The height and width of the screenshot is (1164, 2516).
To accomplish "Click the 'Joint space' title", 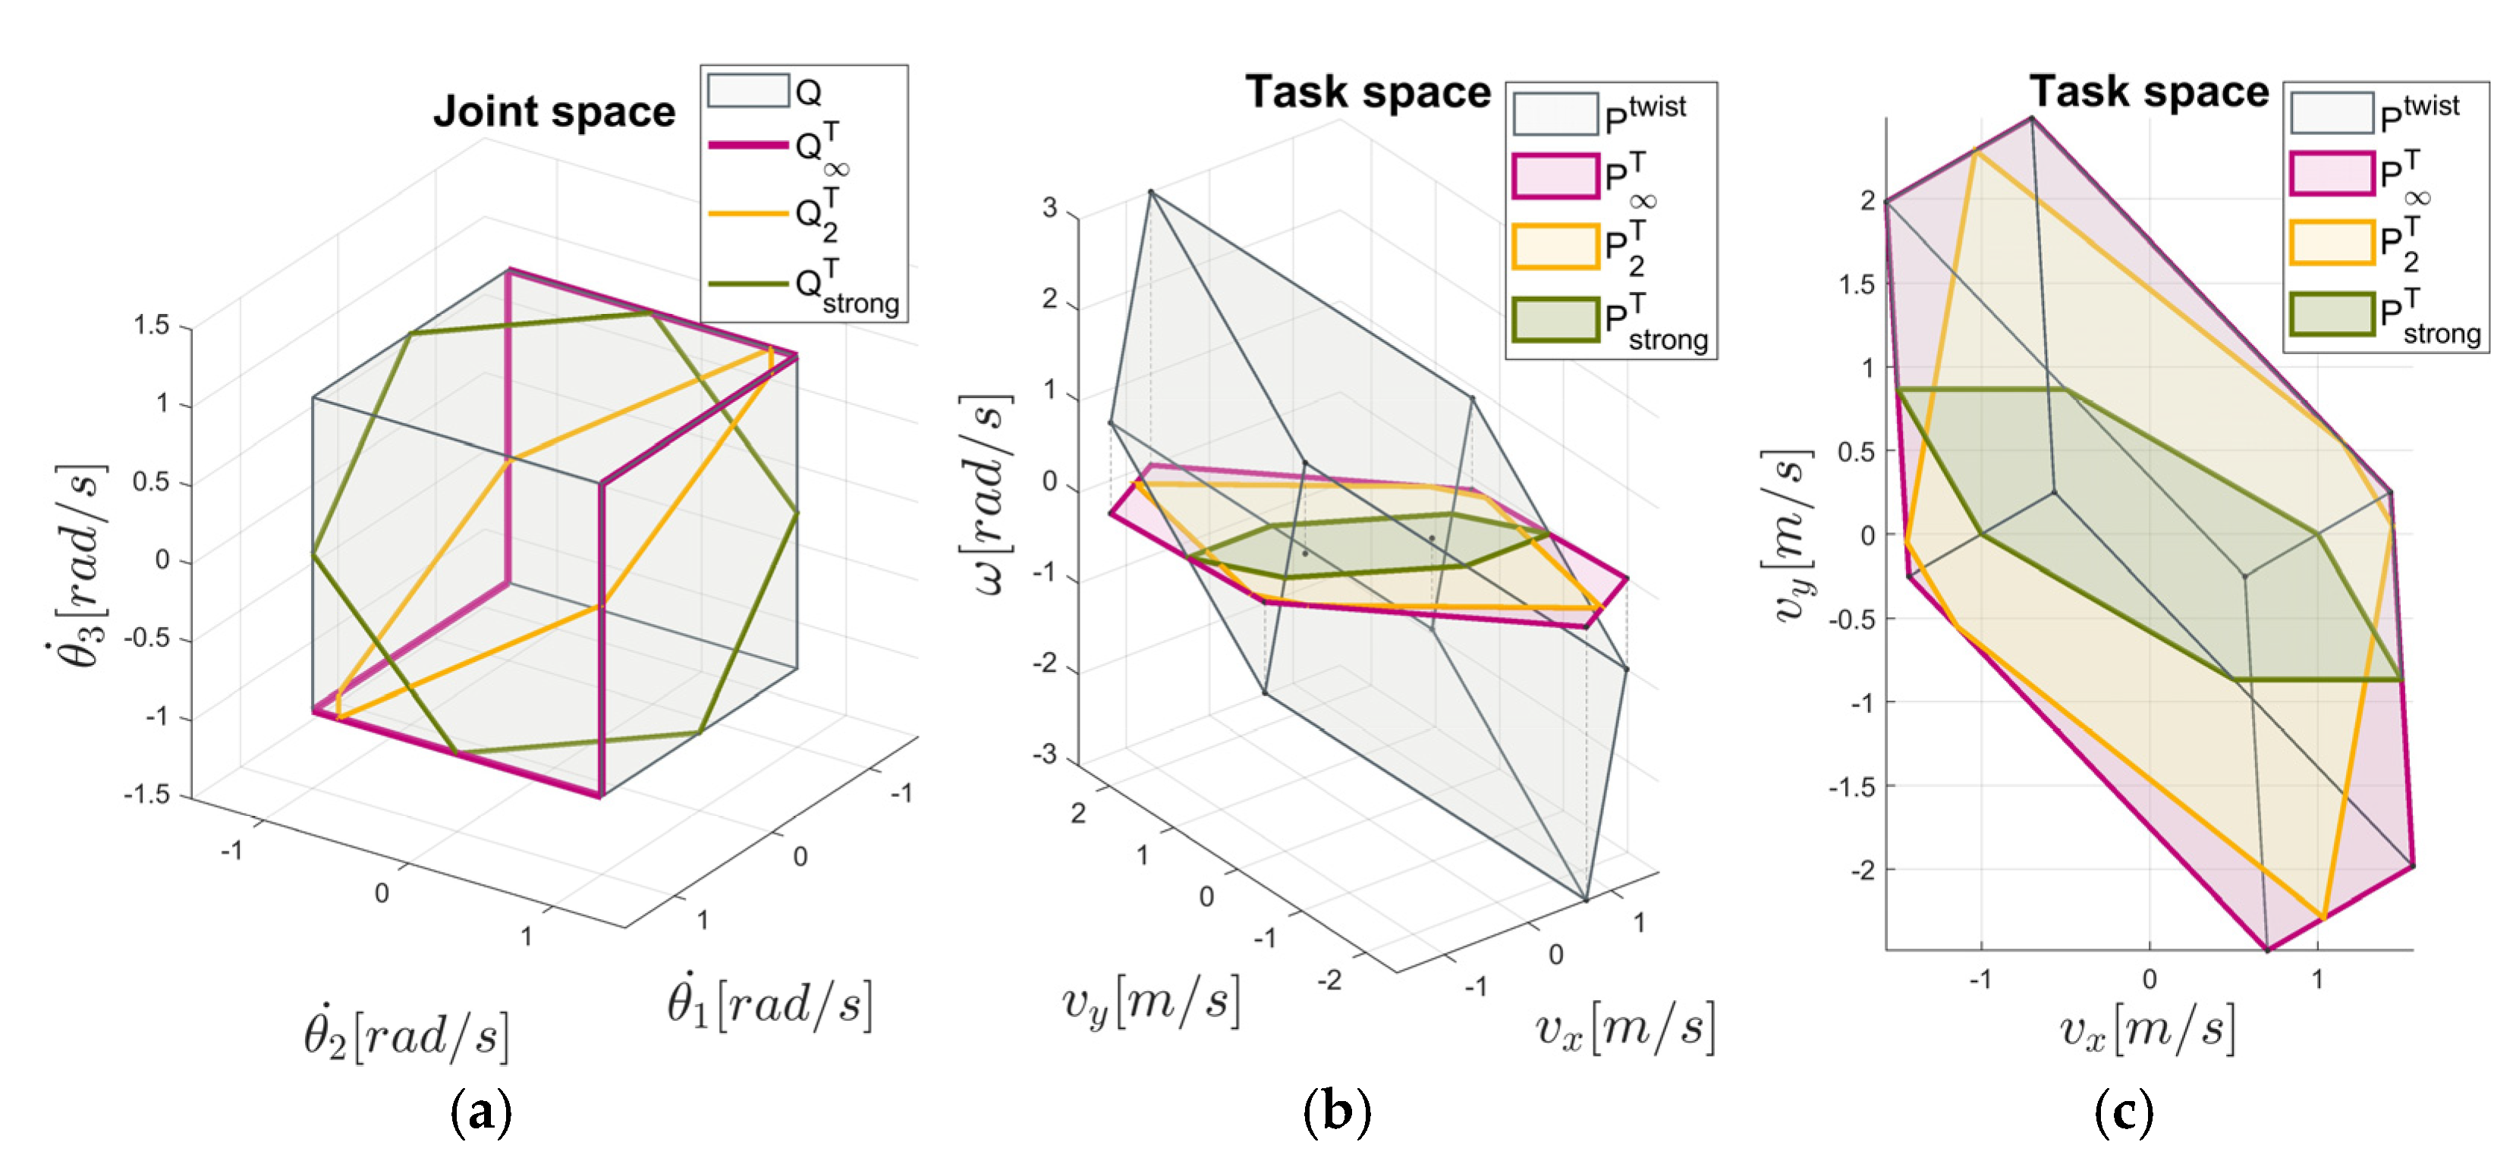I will [x=554, y=111].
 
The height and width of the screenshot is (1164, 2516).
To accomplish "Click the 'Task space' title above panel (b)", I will [x=1367, y=93].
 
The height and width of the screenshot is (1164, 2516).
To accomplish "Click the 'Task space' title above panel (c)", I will [x=2149, y=92].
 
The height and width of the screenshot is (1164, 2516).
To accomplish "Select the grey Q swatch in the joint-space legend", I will [x=748, y=91].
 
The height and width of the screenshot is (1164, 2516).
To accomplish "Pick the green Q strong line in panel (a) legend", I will [x=748, y=284].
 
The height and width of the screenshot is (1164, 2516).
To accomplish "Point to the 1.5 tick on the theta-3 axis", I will [x=152, y=325].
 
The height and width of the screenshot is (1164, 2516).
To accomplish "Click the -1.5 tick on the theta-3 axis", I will [x=147, y=795].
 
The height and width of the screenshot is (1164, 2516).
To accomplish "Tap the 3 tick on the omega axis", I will [x=1050, y=208].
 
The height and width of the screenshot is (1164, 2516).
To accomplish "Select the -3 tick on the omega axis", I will [x=1044, y=754].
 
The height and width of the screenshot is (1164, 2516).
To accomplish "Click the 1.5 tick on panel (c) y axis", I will [x=1857, y=284].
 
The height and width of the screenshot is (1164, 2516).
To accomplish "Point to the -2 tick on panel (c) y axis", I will [x=1862, y=869].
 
